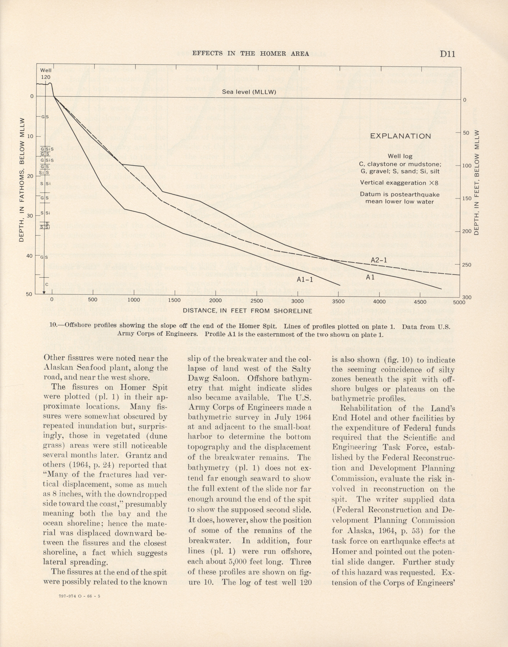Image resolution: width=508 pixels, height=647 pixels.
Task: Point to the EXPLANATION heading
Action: [400, 136]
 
